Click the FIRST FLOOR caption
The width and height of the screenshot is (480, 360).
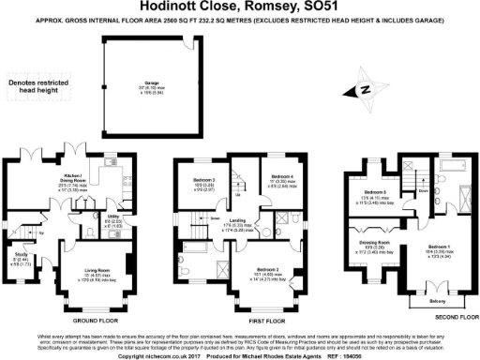[x=242, y=321]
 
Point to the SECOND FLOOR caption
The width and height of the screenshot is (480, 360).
[x=448, y=317]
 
